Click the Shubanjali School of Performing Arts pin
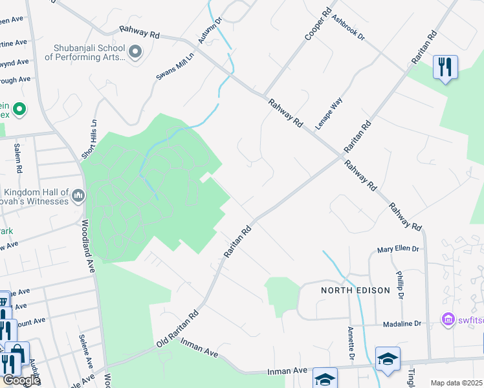click(135, 52)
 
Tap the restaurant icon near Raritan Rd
click(445, 67)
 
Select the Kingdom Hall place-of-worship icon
click(78, 195)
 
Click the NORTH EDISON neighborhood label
click(356, 290)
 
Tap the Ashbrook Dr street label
click(349, 27)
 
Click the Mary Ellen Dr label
click(398, 249)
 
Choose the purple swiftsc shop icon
click(447, 319)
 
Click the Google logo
click(21, 381)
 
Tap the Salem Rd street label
click(17, 158)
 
